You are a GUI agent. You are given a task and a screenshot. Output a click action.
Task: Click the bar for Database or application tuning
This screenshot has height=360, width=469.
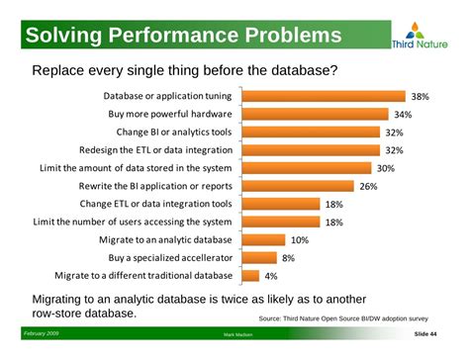[x=323, y=97]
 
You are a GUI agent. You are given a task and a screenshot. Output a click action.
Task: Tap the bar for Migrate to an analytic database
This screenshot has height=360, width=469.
[x=261, y=239]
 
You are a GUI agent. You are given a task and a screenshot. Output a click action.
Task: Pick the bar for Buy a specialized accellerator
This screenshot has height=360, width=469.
[x=256, y=257]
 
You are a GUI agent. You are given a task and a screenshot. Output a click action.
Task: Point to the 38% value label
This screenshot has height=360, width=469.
[x=420, y=97]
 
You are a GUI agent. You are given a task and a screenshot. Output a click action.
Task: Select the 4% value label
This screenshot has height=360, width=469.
[x=271, y=276]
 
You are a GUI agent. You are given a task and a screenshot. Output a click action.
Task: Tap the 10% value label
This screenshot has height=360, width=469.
[x=299, y=240]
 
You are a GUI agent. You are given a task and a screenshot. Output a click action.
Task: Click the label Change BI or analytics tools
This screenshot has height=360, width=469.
[x=174, y=133]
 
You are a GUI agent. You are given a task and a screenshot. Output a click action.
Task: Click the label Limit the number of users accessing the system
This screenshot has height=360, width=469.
[x=134, y=222]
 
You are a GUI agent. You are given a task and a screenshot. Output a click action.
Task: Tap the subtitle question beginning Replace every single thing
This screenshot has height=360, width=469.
[x=185, y=71]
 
